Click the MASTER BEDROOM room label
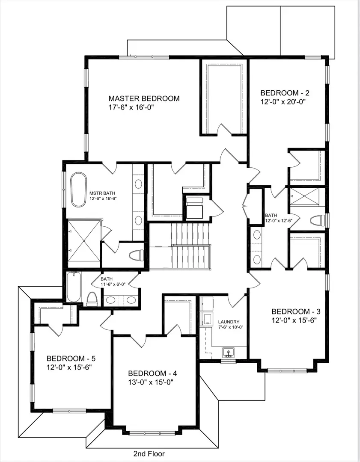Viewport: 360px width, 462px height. coord(144,98)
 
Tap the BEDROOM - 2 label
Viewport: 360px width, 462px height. coord(285,92)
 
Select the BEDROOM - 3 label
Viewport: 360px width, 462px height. coord(296,311)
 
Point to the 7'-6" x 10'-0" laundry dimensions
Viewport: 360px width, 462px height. coord(231,327)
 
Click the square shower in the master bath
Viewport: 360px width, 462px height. coord(84,240)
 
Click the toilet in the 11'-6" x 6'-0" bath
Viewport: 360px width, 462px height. coord(92,298)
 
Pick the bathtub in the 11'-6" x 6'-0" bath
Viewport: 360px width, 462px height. coord(73,288)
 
